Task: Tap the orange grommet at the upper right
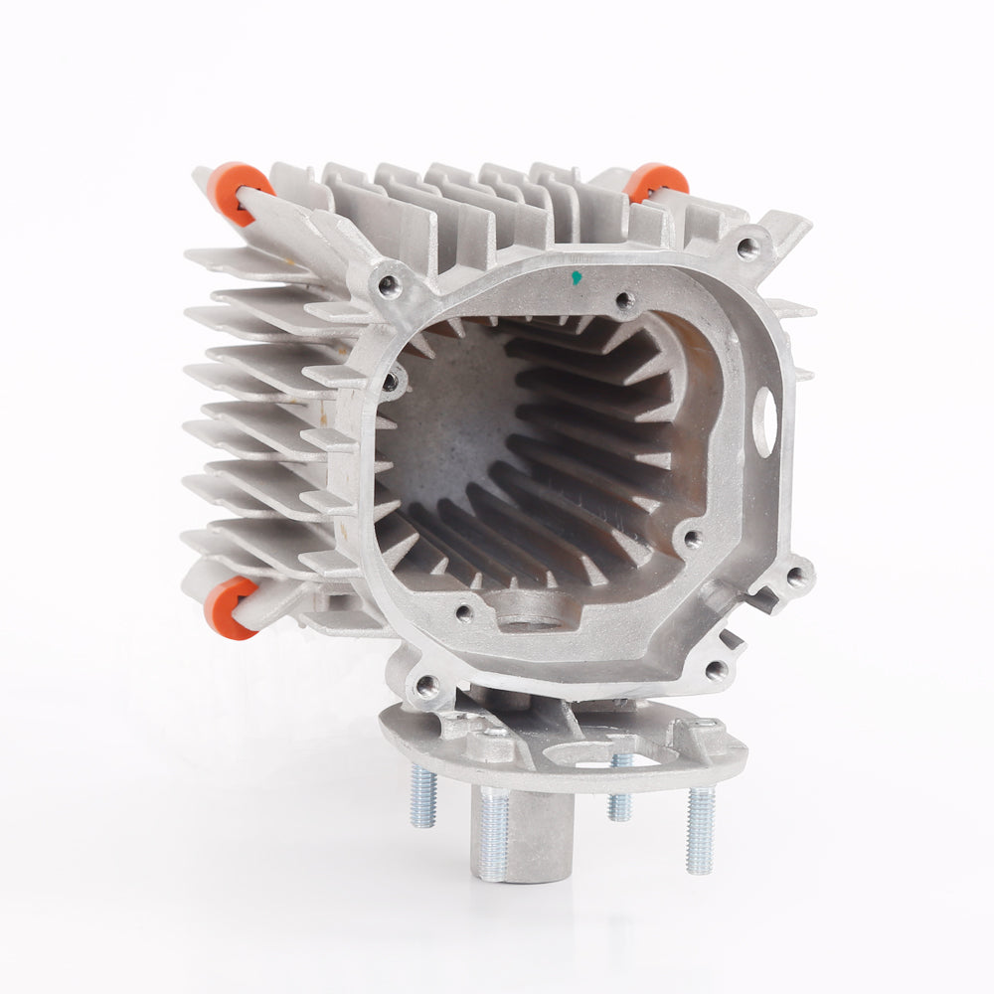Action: coord(657,181)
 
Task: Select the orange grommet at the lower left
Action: coord(228,605)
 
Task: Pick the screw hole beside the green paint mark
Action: coord(624,299)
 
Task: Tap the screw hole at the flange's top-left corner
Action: coord(389,286)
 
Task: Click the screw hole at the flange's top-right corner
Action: coord(747,246)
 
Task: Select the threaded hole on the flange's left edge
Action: coord(391,382)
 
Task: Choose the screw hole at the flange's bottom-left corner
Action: coord(426,685)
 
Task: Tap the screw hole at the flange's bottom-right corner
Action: coord(716,670)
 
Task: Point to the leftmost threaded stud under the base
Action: coord(423,795)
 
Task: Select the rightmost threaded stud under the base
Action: coord(700,829)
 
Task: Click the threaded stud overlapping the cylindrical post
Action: coord(493,833)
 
